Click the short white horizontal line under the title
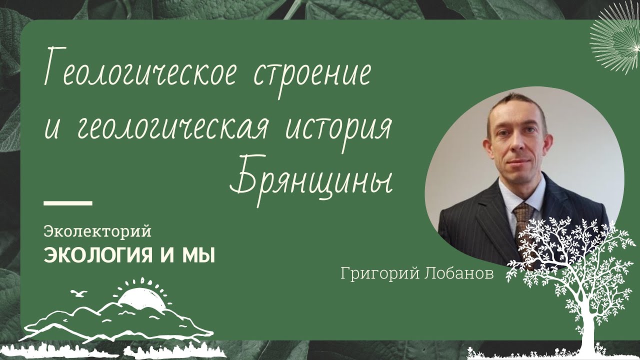tap(68, 203)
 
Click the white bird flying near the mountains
tap(78, 293)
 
